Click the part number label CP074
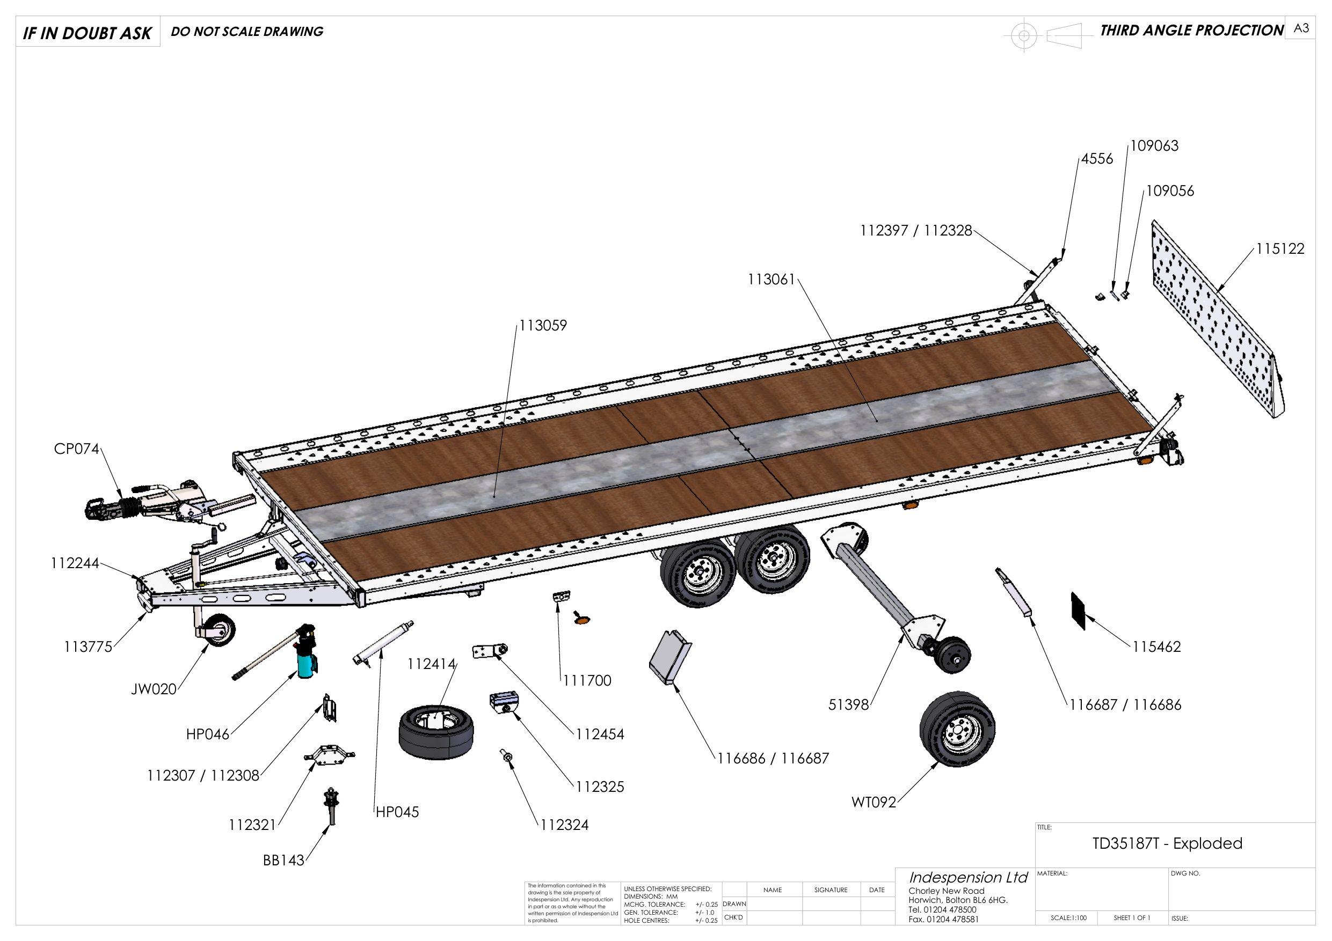(77, 450)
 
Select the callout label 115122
(1280, 249)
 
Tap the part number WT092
(874, 803)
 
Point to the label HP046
(208, 734)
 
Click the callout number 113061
(771, 280)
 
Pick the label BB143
(283, 861)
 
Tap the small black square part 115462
(1078, 611)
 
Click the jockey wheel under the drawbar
(220, 630)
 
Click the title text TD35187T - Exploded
(1167, 843)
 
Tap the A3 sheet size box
(1301, 28)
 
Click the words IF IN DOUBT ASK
(87, 33)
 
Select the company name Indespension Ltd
(968, 877)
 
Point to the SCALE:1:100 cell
(1068, 918)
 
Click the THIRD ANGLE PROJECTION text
(1192, 30)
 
